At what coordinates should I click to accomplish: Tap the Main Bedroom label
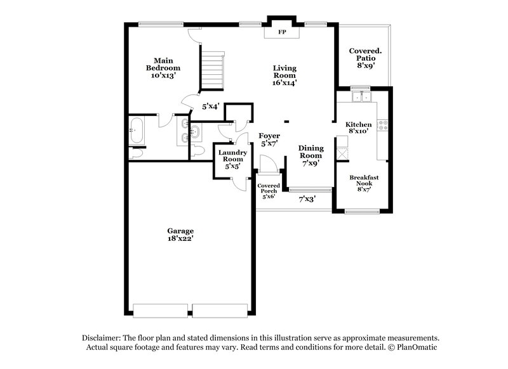[163, 68]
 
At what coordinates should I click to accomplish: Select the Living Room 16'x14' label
[285, 75]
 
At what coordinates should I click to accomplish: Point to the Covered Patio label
[363, 57]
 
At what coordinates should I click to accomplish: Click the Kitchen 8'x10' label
[358, 127]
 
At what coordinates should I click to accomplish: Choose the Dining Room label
[311, 155]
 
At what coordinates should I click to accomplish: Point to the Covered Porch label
[268, 191]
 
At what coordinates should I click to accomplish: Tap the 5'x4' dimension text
[210, 107]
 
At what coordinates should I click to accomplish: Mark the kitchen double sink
[362, 98]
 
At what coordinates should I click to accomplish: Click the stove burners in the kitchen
[384, 126]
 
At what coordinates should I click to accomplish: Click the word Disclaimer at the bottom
[104, 338]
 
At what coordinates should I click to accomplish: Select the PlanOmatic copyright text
[413, 347]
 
